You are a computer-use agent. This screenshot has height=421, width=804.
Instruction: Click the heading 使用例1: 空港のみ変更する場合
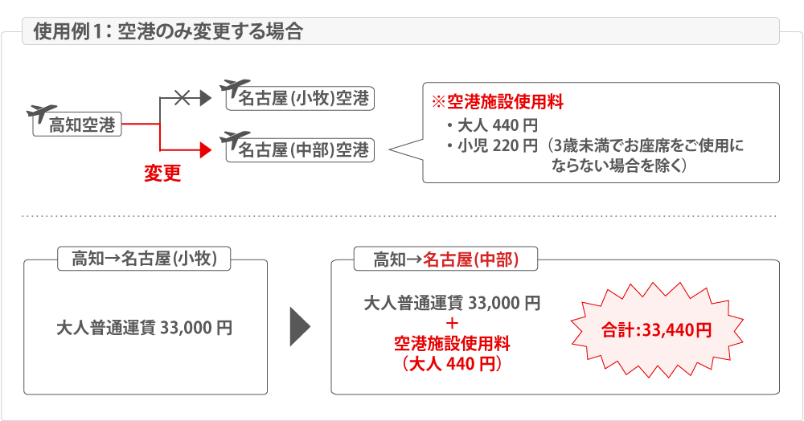pos(169,33)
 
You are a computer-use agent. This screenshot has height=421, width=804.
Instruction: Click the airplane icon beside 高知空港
pos(42,112)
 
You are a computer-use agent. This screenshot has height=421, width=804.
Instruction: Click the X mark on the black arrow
pos(183,98)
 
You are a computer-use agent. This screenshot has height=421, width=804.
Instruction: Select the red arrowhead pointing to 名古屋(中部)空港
pos(205,149)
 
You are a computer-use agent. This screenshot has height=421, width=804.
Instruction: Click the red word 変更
pos(162,174)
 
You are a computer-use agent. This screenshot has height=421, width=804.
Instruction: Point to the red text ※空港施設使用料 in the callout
pos(498,103)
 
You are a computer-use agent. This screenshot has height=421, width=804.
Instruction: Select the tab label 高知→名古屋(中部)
pos(447,259)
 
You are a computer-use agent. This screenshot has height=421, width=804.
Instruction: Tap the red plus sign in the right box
pos(451,324)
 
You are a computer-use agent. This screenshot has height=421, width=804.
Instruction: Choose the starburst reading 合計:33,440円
pos(657,329)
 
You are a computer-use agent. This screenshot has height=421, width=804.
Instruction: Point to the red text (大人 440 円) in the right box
pos(451,364)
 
